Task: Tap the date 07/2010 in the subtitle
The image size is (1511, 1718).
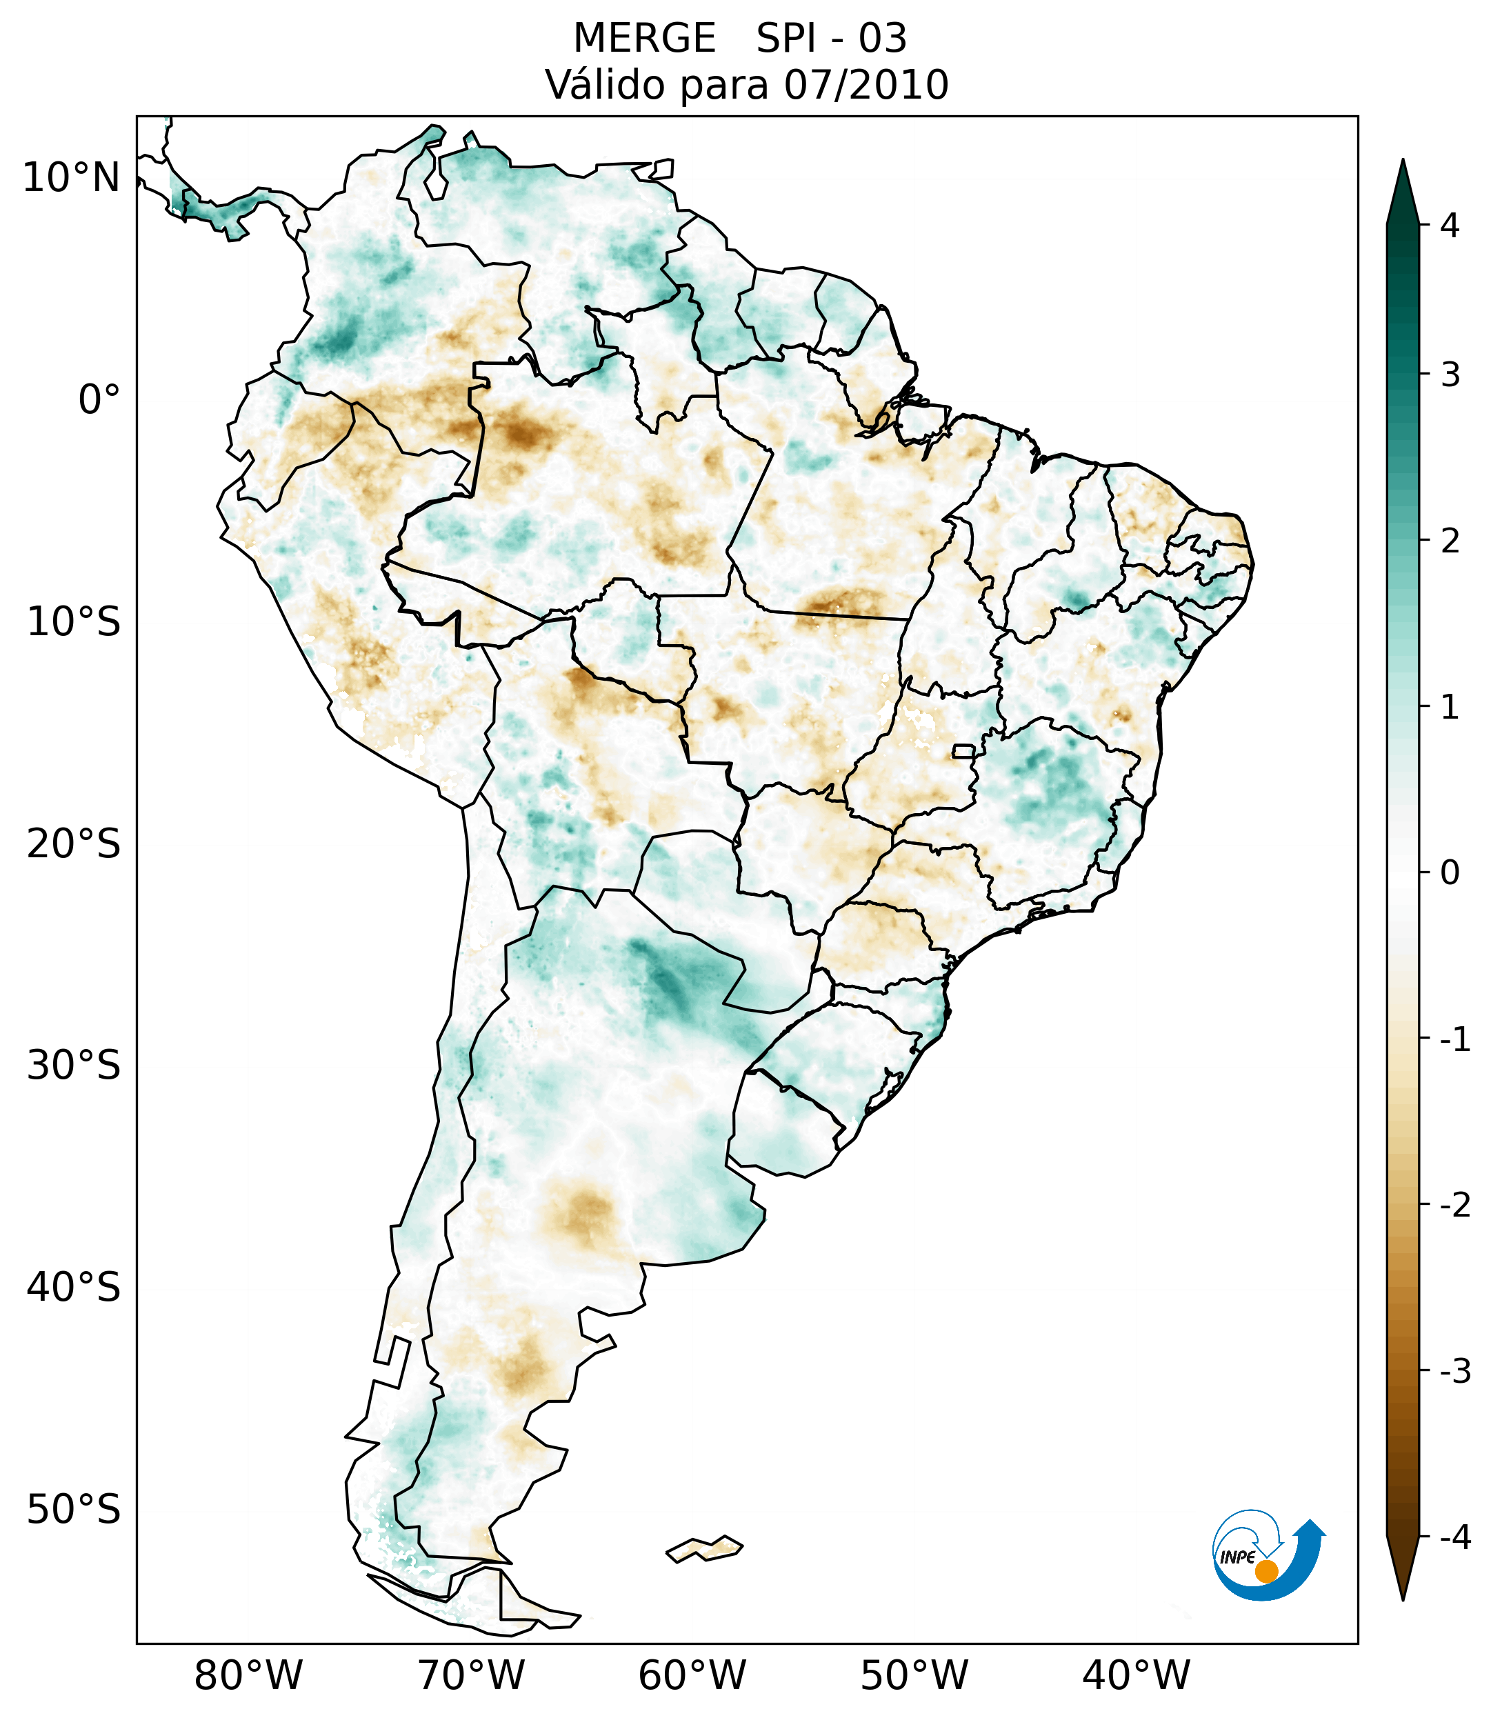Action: coord(865,86)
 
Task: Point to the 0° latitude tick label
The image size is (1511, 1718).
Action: coord(99,400)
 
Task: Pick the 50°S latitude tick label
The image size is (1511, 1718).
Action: coord(73,1510)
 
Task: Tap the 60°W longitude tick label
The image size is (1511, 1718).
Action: coord(692,1676)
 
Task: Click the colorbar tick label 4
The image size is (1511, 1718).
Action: coord(1450,226)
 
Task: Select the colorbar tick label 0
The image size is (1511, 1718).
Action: coord(1450,873)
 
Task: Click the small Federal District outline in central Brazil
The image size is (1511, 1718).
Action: coord(964,750)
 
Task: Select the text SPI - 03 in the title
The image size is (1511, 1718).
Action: coord(831,39)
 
